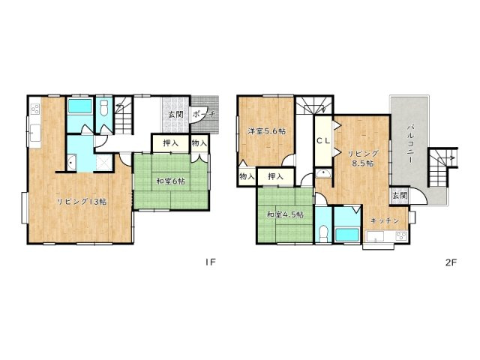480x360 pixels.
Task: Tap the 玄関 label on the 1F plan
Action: pos(175,115)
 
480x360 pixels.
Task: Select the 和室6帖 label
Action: pos(171,181)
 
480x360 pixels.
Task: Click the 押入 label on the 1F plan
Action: pos(170,143)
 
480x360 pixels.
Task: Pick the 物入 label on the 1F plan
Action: pos(199,143)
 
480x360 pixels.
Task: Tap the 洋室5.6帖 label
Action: pos(268,132)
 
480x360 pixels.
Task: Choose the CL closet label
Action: pos(323,140)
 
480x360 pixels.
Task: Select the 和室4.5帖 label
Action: pos(285,214)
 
